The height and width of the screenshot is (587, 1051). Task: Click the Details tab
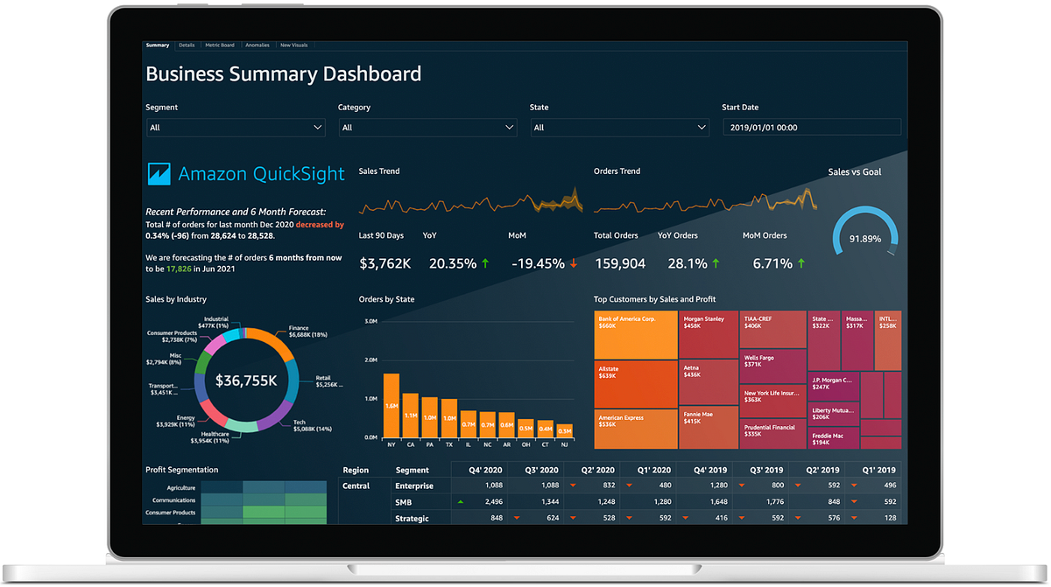tap(186, 45)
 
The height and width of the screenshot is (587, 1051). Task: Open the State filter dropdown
tap(620, 128)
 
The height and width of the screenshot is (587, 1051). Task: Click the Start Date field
tap(811, 128)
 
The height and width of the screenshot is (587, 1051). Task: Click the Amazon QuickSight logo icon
tap(159, 174)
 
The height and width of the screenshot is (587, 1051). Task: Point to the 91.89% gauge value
tap(864, 239)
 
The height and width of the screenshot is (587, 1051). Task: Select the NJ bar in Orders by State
tap(565, 430)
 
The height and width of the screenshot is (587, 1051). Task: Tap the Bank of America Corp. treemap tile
tap(636, 335)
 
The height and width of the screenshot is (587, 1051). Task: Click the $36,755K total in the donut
tap(247, 381)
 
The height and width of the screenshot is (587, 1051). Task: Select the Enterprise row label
tap(414, 486)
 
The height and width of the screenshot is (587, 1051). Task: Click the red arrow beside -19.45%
tap(574, 263)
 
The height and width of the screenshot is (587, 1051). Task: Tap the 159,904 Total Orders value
tap(619, 263)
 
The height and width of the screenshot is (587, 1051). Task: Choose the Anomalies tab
tap(257, 45)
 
